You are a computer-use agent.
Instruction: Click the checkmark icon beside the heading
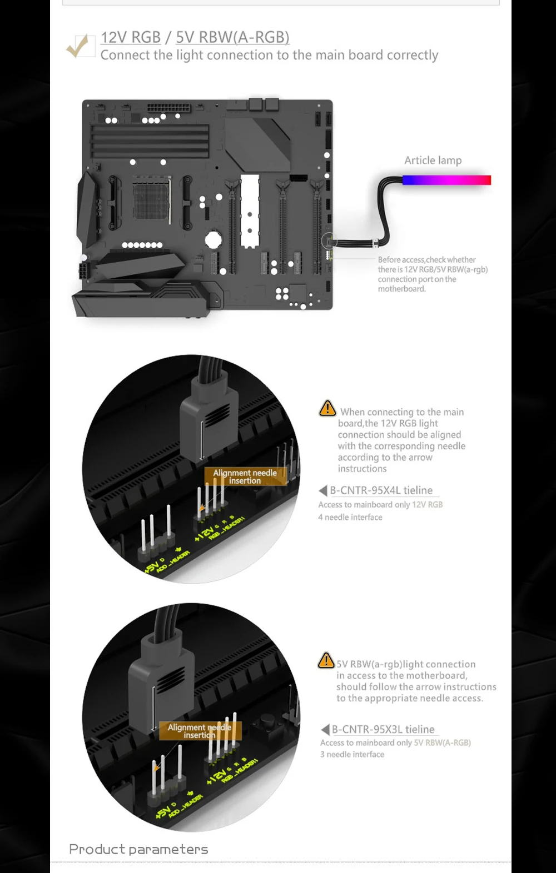click(x=80, y=46)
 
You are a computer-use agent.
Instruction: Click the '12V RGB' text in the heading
click(x=131, y=37)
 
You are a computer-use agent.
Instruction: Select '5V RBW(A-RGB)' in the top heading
click(x=232, y=37)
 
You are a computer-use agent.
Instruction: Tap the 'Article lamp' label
click(x=433, y=160)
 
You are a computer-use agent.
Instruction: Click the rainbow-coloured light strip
click(x=446, y=180)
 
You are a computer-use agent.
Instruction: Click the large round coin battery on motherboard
click(x=214, y=240)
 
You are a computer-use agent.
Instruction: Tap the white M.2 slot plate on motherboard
click(x=250, y=211)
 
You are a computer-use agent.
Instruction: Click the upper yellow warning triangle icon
click(x=327, y=409)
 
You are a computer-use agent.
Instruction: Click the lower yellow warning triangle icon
click(x=326, y=661)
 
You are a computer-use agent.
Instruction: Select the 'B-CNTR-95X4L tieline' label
click(x=381, y=490)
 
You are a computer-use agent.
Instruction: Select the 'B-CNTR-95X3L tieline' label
click(x=383, y=729)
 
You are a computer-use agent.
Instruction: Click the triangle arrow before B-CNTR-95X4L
click(x=323, y=490)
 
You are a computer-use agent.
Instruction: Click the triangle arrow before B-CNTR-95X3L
click(x=325, y=729)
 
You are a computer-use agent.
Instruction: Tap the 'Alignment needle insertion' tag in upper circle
click(x=245, y=476)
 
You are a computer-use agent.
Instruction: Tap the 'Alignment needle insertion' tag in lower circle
click(x=200, y=731)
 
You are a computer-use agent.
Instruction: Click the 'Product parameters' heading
click(x=138, y=849)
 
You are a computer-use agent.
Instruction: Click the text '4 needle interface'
click(x=350, y=517)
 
